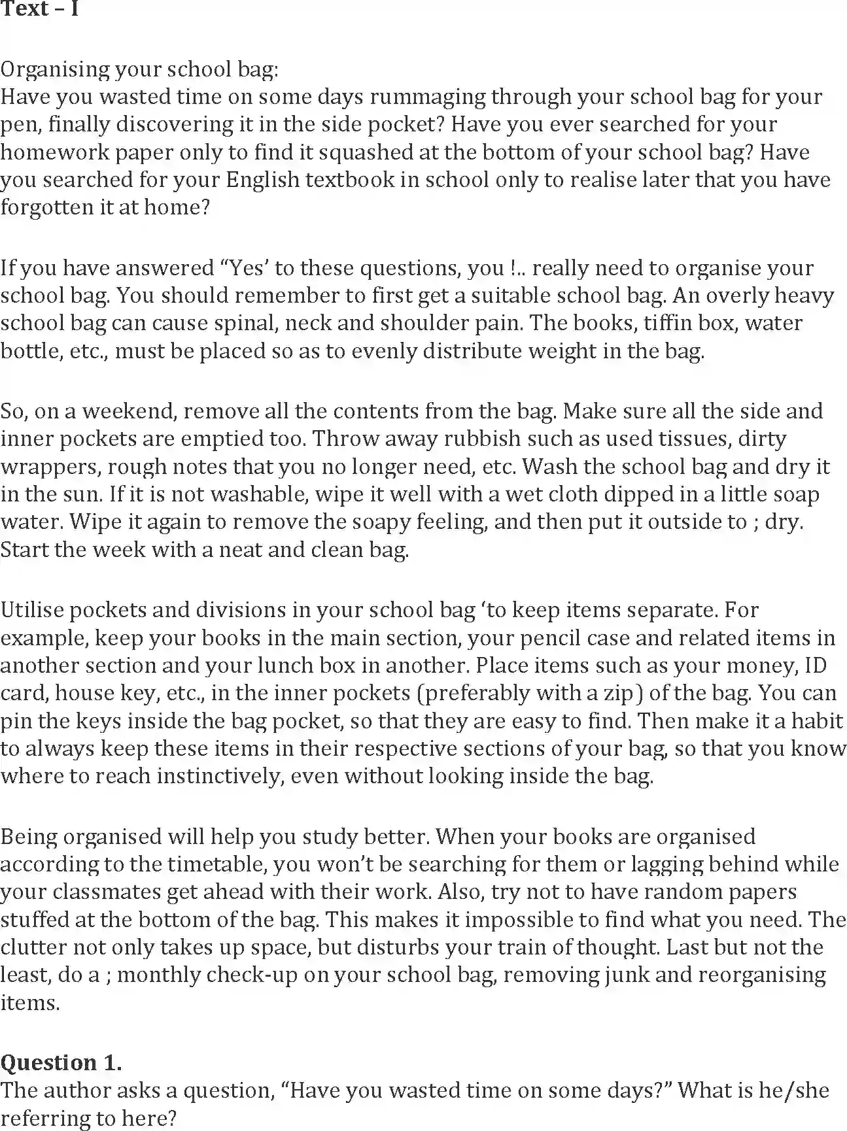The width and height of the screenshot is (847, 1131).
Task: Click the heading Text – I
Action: coord(39,9)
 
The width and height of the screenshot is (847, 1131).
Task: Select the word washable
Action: coord(257,494)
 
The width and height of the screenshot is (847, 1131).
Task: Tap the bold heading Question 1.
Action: coord(61,1063)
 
